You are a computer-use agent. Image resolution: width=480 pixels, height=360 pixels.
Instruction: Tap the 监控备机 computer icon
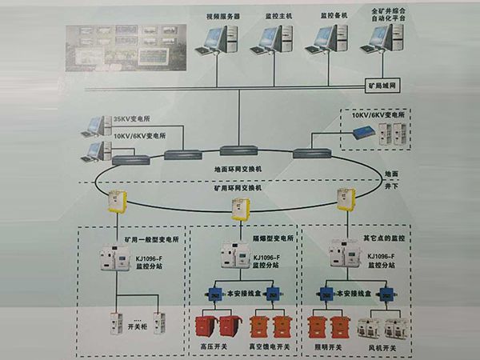pos(327,38)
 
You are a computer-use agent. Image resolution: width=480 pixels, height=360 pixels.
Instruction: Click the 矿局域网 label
pos(381,83)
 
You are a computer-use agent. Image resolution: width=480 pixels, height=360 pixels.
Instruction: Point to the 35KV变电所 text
pos(131,118)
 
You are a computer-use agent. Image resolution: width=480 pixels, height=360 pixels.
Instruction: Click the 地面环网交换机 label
pos(238,170)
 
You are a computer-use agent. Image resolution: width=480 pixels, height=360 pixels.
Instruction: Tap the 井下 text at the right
pos(393,186)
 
